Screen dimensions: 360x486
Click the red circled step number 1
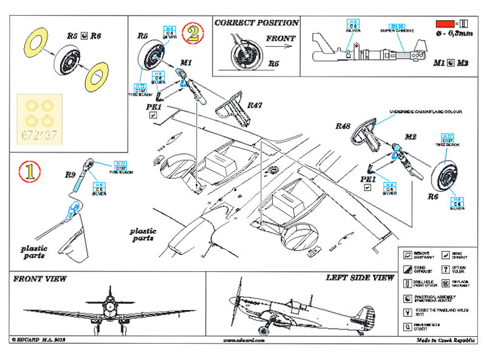tap(29, 171)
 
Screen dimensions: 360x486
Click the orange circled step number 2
tap(192, 32)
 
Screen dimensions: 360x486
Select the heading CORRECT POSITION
tap(256, 22)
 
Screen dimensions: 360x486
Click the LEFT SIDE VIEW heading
tap(360, 277)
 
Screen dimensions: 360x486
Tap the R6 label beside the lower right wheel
tap(433, 197)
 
